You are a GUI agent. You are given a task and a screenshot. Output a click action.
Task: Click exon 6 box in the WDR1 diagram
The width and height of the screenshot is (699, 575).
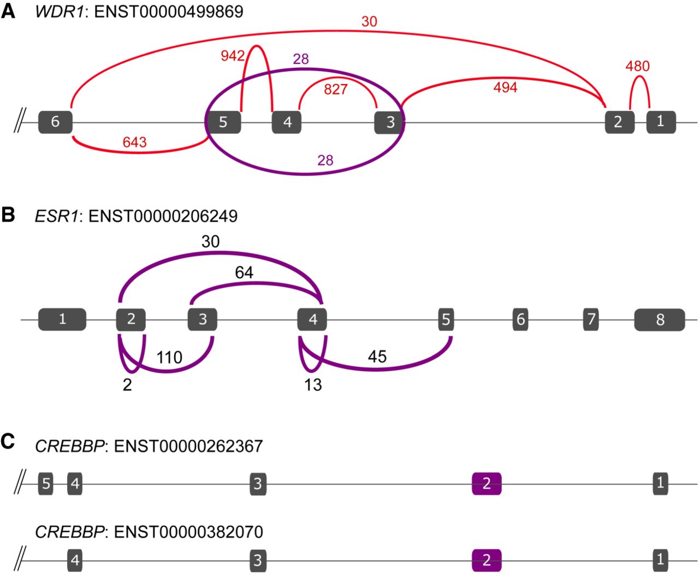tap(55, 122)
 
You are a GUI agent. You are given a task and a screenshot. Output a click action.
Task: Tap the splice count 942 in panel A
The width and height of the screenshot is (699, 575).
tap(233, 56)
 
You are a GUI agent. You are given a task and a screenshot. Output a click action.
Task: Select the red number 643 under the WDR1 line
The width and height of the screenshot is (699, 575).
tap(134, 143)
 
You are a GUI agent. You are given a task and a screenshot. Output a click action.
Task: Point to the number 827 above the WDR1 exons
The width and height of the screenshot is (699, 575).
tap(335, 89)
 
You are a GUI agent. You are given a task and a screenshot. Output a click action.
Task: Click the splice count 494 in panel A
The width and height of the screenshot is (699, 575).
tap(505, 87)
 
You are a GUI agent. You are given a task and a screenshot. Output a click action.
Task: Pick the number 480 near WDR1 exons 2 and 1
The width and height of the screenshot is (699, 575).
tap(637, 67)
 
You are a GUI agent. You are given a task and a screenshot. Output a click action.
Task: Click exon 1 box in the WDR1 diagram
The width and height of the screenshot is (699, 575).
tap(661, 122)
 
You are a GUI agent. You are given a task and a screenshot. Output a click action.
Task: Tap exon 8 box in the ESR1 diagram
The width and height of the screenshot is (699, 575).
tap(660, 319)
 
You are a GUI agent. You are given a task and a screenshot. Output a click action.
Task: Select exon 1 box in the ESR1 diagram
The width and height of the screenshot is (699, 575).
tap(62, 319)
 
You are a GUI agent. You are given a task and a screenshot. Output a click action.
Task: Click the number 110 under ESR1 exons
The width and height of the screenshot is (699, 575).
tap(169, 358)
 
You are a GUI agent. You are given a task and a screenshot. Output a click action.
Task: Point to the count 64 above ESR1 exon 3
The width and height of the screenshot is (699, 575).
tap(244, 272)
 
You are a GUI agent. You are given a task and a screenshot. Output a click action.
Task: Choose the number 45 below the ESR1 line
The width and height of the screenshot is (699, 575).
tap(377, 357)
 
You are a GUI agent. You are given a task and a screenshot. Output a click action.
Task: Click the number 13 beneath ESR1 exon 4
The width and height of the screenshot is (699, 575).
tap(313, 385)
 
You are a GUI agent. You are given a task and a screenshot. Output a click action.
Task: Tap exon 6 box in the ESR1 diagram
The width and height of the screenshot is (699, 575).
tap(520, 319)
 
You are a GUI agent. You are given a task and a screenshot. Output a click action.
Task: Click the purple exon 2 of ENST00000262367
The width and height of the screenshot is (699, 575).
tap(486, 484)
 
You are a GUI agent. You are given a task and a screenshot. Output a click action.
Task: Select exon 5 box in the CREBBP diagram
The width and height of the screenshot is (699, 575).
tap(46, 484)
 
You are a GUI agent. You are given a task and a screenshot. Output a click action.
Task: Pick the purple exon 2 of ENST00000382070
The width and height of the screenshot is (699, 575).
tap(486, 560)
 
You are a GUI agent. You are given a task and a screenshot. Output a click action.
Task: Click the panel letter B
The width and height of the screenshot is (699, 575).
tap(8, 215)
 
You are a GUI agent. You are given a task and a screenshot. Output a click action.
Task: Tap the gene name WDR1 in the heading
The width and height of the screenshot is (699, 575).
tap(59, 12)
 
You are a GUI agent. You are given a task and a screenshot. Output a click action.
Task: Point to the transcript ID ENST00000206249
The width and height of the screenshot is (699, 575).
tap(163, 216)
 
